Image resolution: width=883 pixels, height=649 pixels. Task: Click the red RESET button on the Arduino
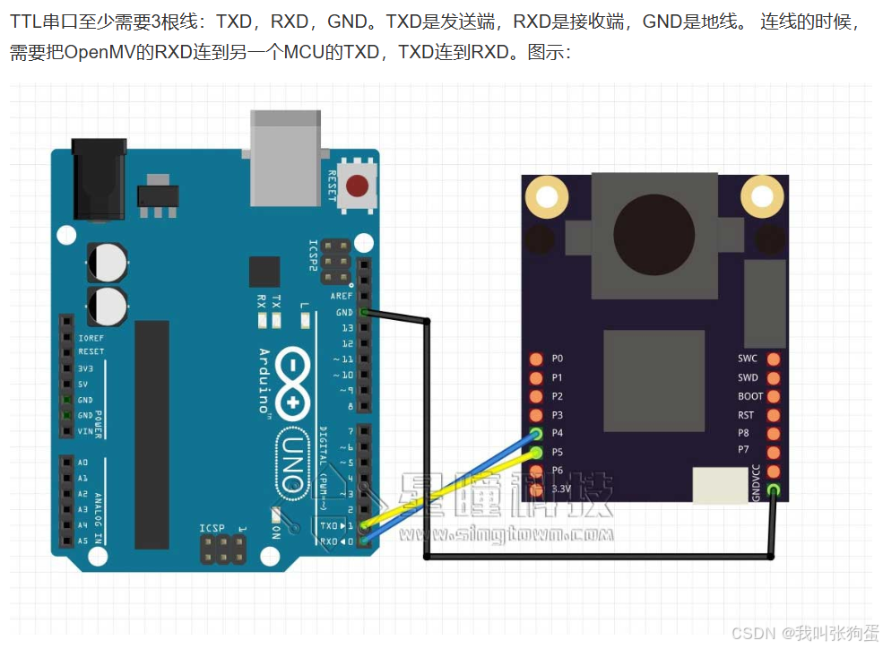pyautogui.click(x=357, y=186)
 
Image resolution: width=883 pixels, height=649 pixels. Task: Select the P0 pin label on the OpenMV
pyautogui.click(x=557, y=359)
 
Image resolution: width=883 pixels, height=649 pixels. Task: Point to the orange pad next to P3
pyautogui.click(x=536, y=415)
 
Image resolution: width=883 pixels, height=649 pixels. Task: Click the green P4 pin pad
pyautogui.click(x=536, y=434)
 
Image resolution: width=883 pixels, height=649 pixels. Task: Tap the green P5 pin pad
pyautogui.click(x=536, y=453)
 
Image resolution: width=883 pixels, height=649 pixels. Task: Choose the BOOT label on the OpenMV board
pyautogui.click(x=750, y=396)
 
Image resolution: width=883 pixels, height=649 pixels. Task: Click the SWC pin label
pyautogui.click(x=748, y=359)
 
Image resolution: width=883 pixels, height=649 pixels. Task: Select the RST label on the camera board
pyautogui.click(x=746, y=415)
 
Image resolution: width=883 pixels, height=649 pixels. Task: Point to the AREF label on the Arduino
pyautogui.click(x=342, y=296)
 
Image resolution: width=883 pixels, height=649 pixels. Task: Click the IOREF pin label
pyautogui.click(x=91, y=338)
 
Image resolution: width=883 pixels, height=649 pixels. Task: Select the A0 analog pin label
pyautogui.click(x=83, y=463)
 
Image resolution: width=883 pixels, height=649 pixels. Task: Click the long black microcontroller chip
pyautogui.click(x=151, y=435)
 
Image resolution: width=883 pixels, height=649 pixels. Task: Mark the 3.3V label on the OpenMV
pyautogui.click(x=560, y=489)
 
